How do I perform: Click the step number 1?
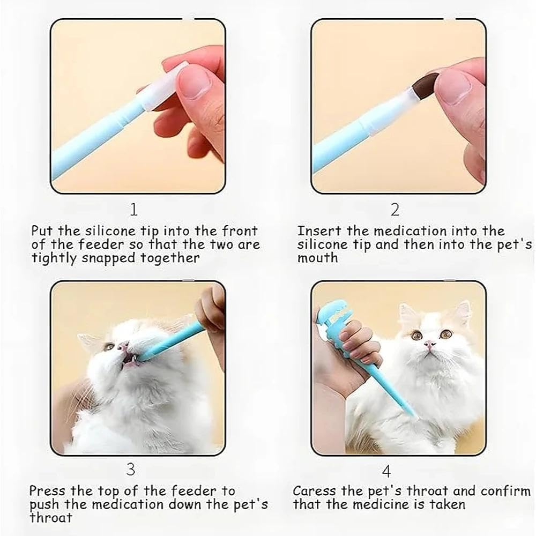[133, 210]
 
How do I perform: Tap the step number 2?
[394, 210]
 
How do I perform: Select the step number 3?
[131, 470]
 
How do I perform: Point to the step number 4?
[386, 471]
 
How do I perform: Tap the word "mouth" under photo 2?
[318, 258]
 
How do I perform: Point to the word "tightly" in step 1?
[54, 258]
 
